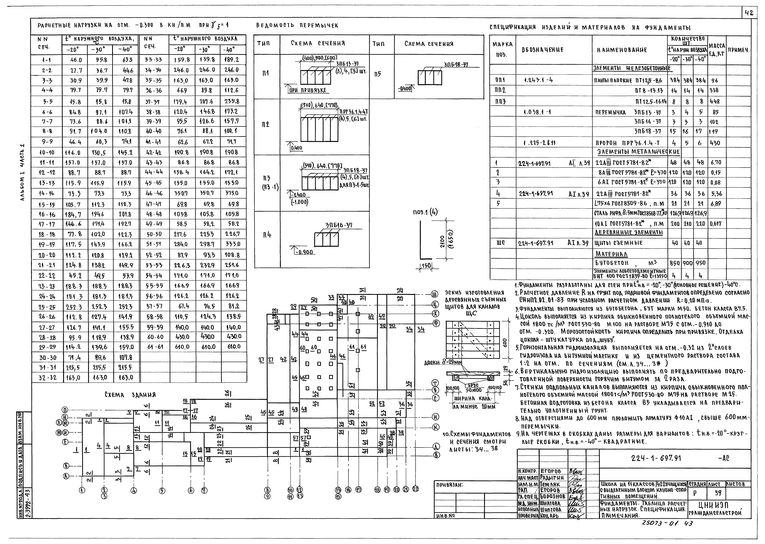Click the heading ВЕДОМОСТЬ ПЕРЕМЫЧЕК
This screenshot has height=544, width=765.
(297, 25)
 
